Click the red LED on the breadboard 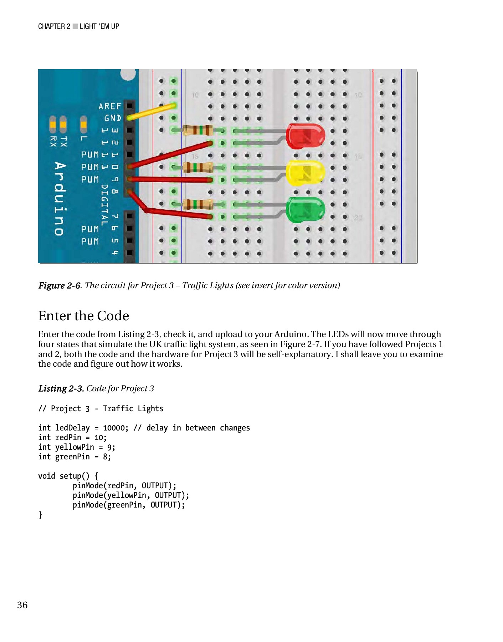click(306, 136)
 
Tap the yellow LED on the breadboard click(306, 173)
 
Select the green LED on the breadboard click(306, 210)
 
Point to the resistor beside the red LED click(198, 130)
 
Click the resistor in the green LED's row click(198, 204)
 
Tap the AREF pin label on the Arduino click(110, 106)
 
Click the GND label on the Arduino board click(113, 118)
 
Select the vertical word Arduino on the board click(60, 198)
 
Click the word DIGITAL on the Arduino click(104, 205)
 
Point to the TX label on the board click(63, 141)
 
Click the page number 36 click(22, 605)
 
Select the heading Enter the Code click(83, 316)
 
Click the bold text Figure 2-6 click(60, 285)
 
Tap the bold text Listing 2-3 click(61, 388)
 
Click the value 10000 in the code click(114, 428)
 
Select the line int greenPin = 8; click(75, 457)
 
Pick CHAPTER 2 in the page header click(54, 26)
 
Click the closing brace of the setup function click(40, 514)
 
